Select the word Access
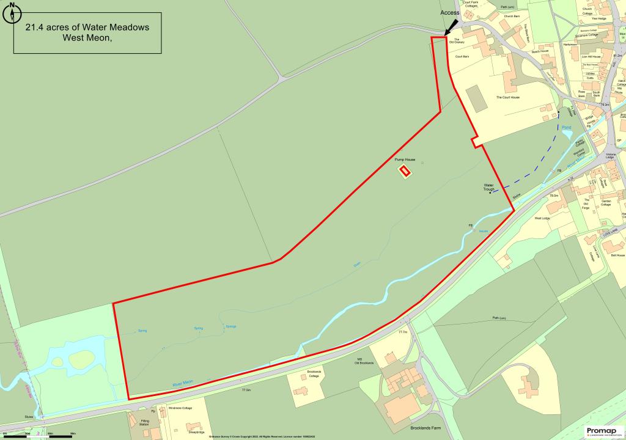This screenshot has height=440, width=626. tap(450, 12)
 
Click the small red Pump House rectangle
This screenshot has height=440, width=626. tap(404, 171)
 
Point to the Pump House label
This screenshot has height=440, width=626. tap(405, 159)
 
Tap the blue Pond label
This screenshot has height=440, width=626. tap(566, 128)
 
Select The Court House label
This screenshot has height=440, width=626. tap(507, 97)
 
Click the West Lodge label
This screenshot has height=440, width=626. tap(542, 218)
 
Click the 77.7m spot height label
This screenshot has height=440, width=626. tap(402, 332)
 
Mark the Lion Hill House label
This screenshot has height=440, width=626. tap(591, 57)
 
